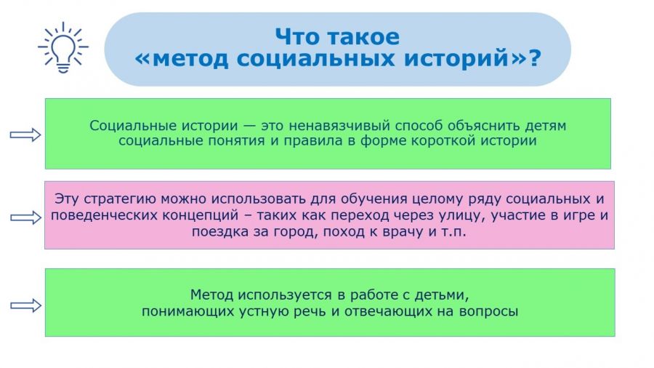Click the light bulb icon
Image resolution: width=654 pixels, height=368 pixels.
(x=63, y=47)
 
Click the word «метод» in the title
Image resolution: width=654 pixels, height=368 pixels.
(x=190, y=58)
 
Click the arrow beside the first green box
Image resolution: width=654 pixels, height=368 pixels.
(x=25, y=135)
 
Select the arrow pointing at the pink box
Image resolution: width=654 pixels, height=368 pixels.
(x=26, y=217)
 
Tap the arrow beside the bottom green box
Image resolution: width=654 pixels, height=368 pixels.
(x=26, y=306)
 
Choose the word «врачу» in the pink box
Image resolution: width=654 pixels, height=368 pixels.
(x=402, y=231)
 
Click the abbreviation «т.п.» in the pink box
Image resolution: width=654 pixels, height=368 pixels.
(x=453, y=231)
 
